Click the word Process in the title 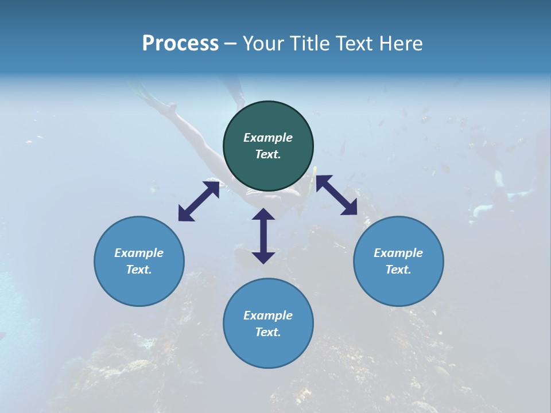(x=180, y=44)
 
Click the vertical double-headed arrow (x=263, y=236)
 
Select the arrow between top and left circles (x=199, y=201)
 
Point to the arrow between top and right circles (x=336, y=195)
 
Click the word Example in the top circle (x=268, y=138)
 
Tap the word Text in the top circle (x=268, y=154)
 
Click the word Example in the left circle (x=139, y=253)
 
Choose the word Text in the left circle (x=139, y=270)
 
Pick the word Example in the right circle (x=398, y=253)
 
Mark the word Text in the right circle (x=398, y=270)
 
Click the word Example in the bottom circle (x=268, y=315)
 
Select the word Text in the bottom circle (x=268, y=332)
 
